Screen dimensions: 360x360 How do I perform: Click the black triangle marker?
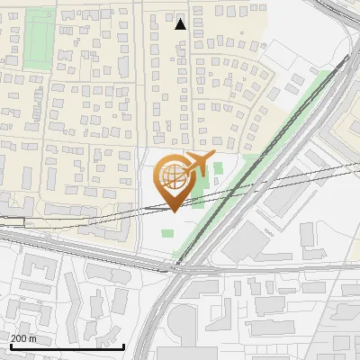tap(180, 23)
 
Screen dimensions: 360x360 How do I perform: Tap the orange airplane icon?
tap(201, 165)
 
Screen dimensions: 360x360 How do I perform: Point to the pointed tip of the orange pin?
tap(175, 211)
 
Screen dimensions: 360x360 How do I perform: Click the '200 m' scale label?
tap(23, 338)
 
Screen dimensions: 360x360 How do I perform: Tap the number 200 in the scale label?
tap(19, 338)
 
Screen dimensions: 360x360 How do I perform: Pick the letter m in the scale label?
tap(33, 338)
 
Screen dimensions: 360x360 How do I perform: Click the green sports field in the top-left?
tap(38, 40)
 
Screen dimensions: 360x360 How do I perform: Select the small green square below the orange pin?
tap(167, 234)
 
